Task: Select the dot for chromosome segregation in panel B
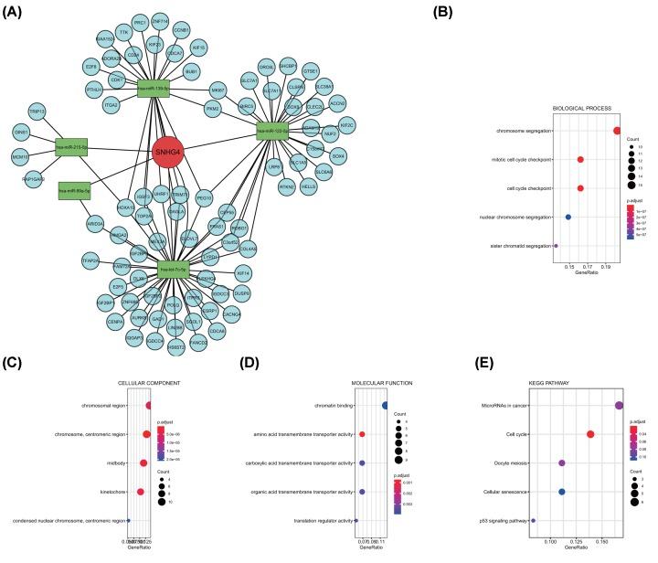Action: pyautogui.click(x=618, y=131)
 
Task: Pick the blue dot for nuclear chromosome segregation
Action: pyautogui.click(x=568, y=217)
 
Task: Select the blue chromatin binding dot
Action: pyautogui.click(x=387, y=405)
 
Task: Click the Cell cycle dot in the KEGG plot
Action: pyautogui.click(x=591, y=434)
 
